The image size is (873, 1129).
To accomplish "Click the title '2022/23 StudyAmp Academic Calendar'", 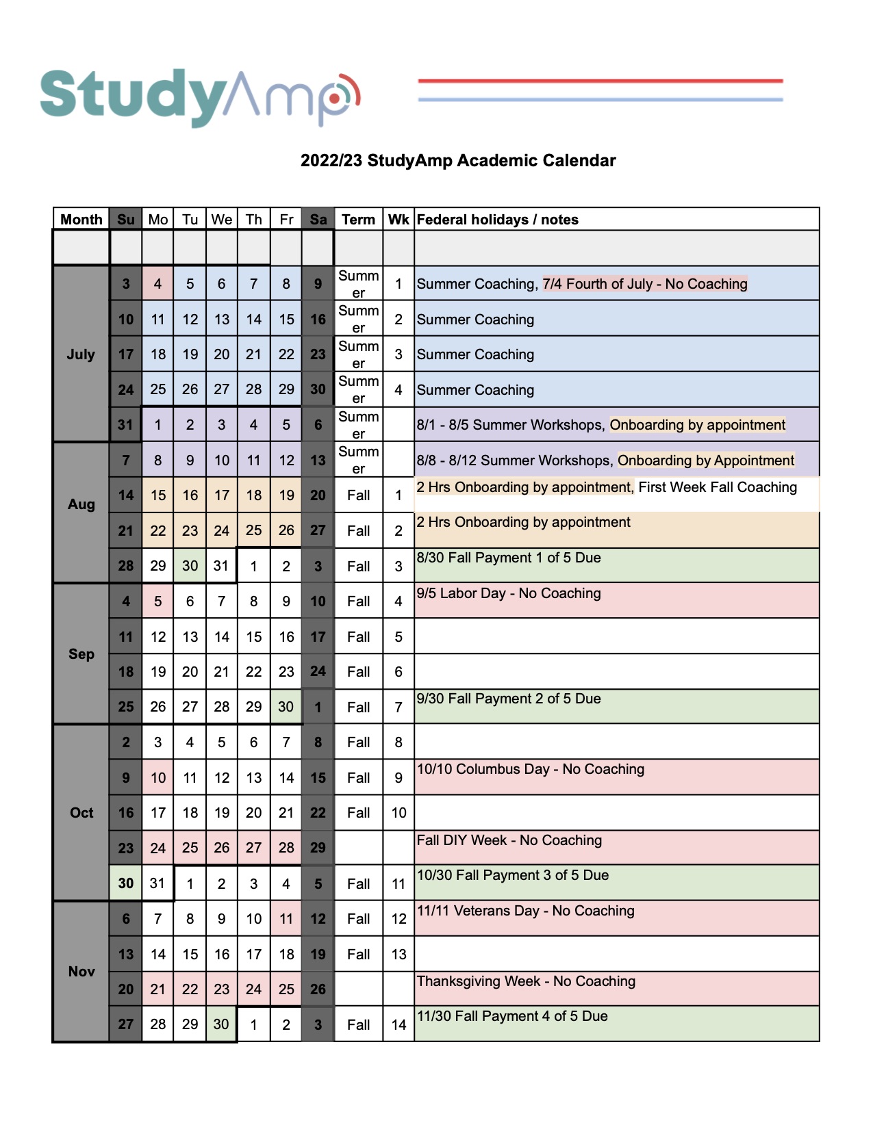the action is (458, 161).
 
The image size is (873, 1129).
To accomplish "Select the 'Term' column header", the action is (358, 220).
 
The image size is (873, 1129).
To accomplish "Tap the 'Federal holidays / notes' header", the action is (498, 220).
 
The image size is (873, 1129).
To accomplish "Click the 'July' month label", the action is (81, 354).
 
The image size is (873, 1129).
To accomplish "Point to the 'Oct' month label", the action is (81, 813).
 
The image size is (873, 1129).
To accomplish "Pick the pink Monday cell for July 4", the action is (157, 284).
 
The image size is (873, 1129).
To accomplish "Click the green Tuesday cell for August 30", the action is (190, 566).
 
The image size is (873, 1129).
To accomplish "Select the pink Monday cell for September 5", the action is (157, 601).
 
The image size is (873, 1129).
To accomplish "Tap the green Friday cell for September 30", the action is (286, 707).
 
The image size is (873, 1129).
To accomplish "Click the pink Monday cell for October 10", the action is (157, 778).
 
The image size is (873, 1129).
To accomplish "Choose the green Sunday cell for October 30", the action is (126, 883).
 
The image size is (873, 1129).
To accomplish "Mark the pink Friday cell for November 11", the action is (286, 919).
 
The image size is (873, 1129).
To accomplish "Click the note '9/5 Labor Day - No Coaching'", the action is (509, 594).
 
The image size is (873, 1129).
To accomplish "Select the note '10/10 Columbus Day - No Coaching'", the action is (531, 770).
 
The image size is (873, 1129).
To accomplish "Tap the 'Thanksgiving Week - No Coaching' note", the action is (526, 982).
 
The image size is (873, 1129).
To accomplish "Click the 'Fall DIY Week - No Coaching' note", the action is (509, 841).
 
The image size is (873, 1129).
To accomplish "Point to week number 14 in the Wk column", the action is (398, 1025).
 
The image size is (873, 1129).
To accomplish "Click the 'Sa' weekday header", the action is (318, 220).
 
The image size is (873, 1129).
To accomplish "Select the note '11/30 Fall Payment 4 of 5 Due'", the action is (512, 1017).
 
